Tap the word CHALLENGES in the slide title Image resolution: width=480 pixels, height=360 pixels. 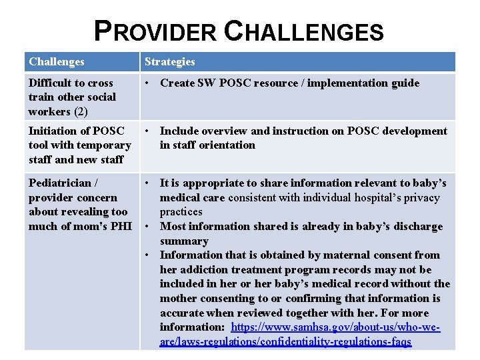[303, 31]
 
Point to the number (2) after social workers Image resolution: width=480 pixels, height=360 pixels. [81, 111]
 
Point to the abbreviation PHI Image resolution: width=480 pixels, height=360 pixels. [121, 226]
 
